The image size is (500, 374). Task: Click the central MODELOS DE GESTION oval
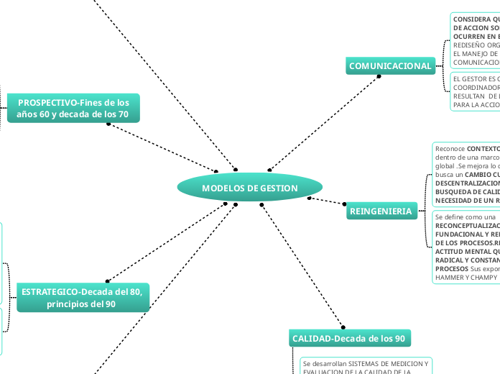pyautogui.click(x=250, y=188)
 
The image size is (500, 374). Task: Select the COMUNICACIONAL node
pyautogui.click(x=390, y=66)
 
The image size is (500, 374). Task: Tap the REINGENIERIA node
pyautogui.click(x=381, y=211)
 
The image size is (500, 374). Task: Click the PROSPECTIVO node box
pyautogui.click(x=73, y=109)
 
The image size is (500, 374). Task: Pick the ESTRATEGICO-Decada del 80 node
pyautogui.click(x=82, y=298)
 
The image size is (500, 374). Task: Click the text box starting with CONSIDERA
pyautogui.click(x=475, y=40)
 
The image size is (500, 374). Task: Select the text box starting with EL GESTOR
pyautogui.click(x=475, y=91)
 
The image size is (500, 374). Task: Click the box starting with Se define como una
pyautogui.click(x=466, y=245)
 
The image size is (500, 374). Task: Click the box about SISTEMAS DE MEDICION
pyautogui.click(x=366, y=367)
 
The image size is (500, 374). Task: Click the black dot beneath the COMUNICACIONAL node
pyautogui.click(x=379, y=76)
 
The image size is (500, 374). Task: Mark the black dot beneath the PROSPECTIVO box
pyautogui.click(x=108, y=124)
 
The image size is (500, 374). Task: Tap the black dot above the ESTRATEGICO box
pyautogui.click(x=106, y=280)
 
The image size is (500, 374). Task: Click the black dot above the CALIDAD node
pyautogui.click(x=343, y=327)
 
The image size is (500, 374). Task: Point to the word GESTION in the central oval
pyautogui.click(x=279, y=188)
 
